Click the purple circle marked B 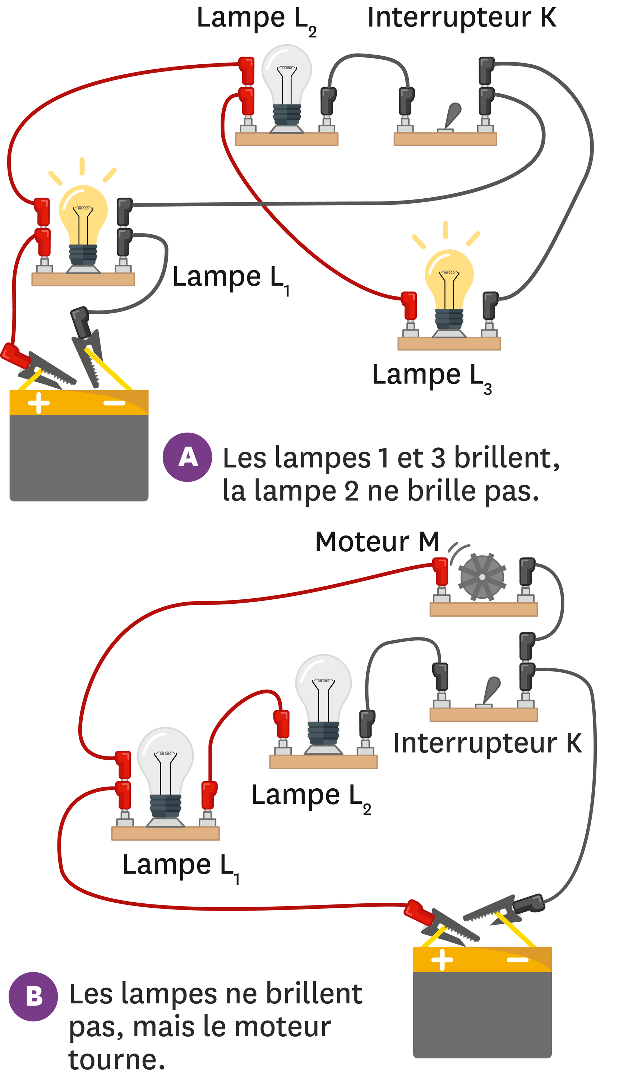pyautogui.click(x=33, y=997)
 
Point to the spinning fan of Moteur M pyautogui.click(x=482, y=577)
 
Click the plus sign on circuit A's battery pyautogui.click(x=38, y=402)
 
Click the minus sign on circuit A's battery pyautogui.click(x=114, y=402)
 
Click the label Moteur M pyautogui.click(x=377, y=542)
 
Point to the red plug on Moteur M pyautogui.click(x=440, y=571)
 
